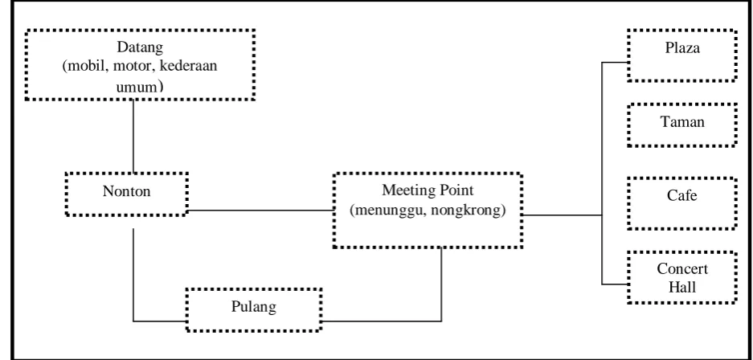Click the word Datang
click(140, 48)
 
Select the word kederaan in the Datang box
click(188, 65)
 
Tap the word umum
click(137, 88)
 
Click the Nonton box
click(126, 194)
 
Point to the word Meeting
click(408, 190)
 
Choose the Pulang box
click(254, 309)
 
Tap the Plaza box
click(682, 55)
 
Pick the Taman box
click(682, 125)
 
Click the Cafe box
click(682, 203)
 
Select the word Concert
click(682, 269)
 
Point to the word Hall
click(682, 287)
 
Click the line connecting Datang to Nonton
click(133, 136)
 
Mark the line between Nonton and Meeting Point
click(260, 211)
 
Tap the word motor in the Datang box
click(133, 65)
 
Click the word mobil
click(86, 65)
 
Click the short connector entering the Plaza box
click(615, 63)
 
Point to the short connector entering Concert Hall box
click(615, 284)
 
